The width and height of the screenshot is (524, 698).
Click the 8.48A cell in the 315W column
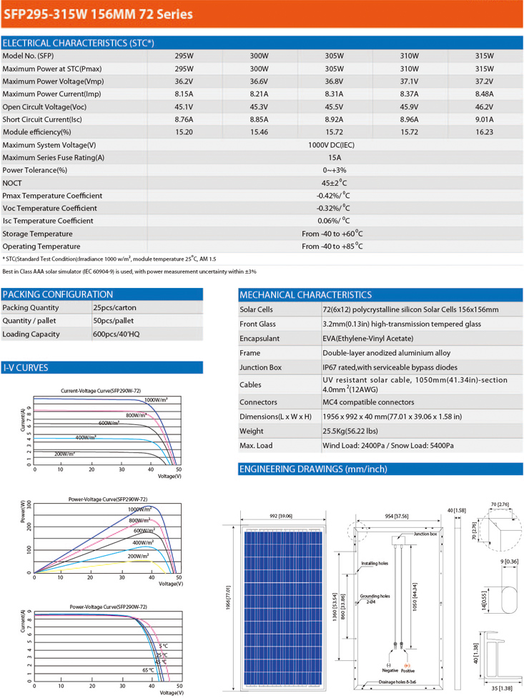point(484,94)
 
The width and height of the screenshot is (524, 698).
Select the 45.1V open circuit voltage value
point(184,106)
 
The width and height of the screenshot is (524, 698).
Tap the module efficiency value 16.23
point(484,132)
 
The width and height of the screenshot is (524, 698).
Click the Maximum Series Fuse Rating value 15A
point(333,157)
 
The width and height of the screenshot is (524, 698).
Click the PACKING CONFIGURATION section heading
point(58,294)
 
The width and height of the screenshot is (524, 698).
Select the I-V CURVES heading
point(26,368)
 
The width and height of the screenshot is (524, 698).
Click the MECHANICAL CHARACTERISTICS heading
point(305,294)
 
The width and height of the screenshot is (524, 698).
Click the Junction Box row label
point(261,367)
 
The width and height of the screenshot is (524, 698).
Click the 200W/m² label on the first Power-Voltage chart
point(139,556)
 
